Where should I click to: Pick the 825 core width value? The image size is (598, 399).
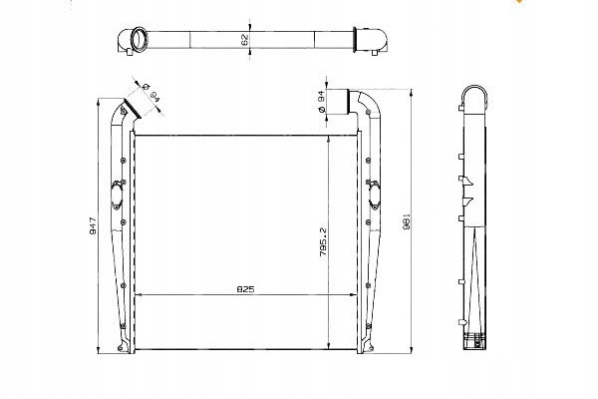(245, 289)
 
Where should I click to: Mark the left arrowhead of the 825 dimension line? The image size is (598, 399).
(138, 296)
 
